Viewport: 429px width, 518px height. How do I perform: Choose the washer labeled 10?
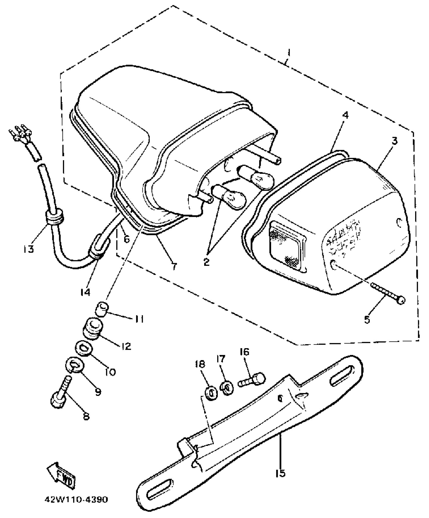point(84,349)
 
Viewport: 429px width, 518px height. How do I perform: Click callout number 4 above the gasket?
point(345,115)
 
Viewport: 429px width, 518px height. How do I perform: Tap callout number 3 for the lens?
point(394,141)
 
